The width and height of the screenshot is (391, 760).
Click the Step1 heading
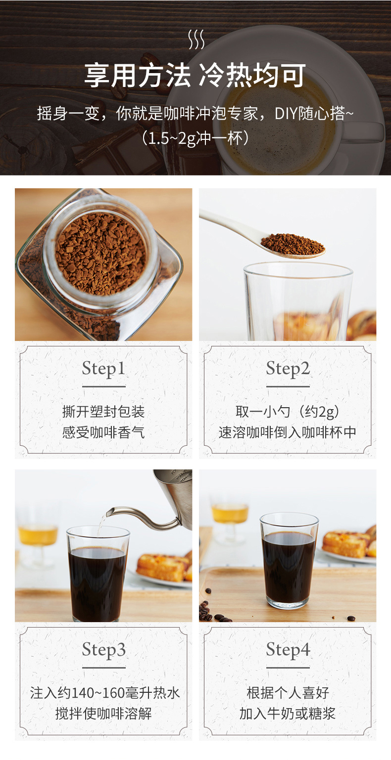(103, 369)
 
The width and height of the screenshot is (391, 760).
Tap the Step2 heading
(288, 369)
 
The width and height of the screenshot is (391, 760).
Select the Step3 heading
(103, 650)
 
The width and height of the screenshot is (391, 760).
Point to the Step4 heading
(288, 650)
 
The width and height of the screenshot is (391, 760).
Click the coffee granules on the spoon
(292, 244)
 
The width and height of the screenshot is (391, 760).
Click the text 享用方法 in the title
(138, 75)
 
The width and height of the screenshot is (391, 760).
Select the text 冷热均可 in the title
(252, 75)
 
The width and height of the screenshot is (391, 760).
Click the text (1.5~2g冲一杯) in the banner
(195, 138)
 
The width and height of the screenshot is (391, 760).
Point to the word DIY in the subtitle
(286, 114)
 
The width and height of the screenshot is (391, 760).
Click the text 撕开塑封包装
(103, 412)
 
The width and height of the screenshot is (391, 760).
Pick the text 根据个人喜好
(288, 693)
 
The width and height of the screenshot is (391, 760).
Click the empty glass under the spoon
(298, 301)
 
